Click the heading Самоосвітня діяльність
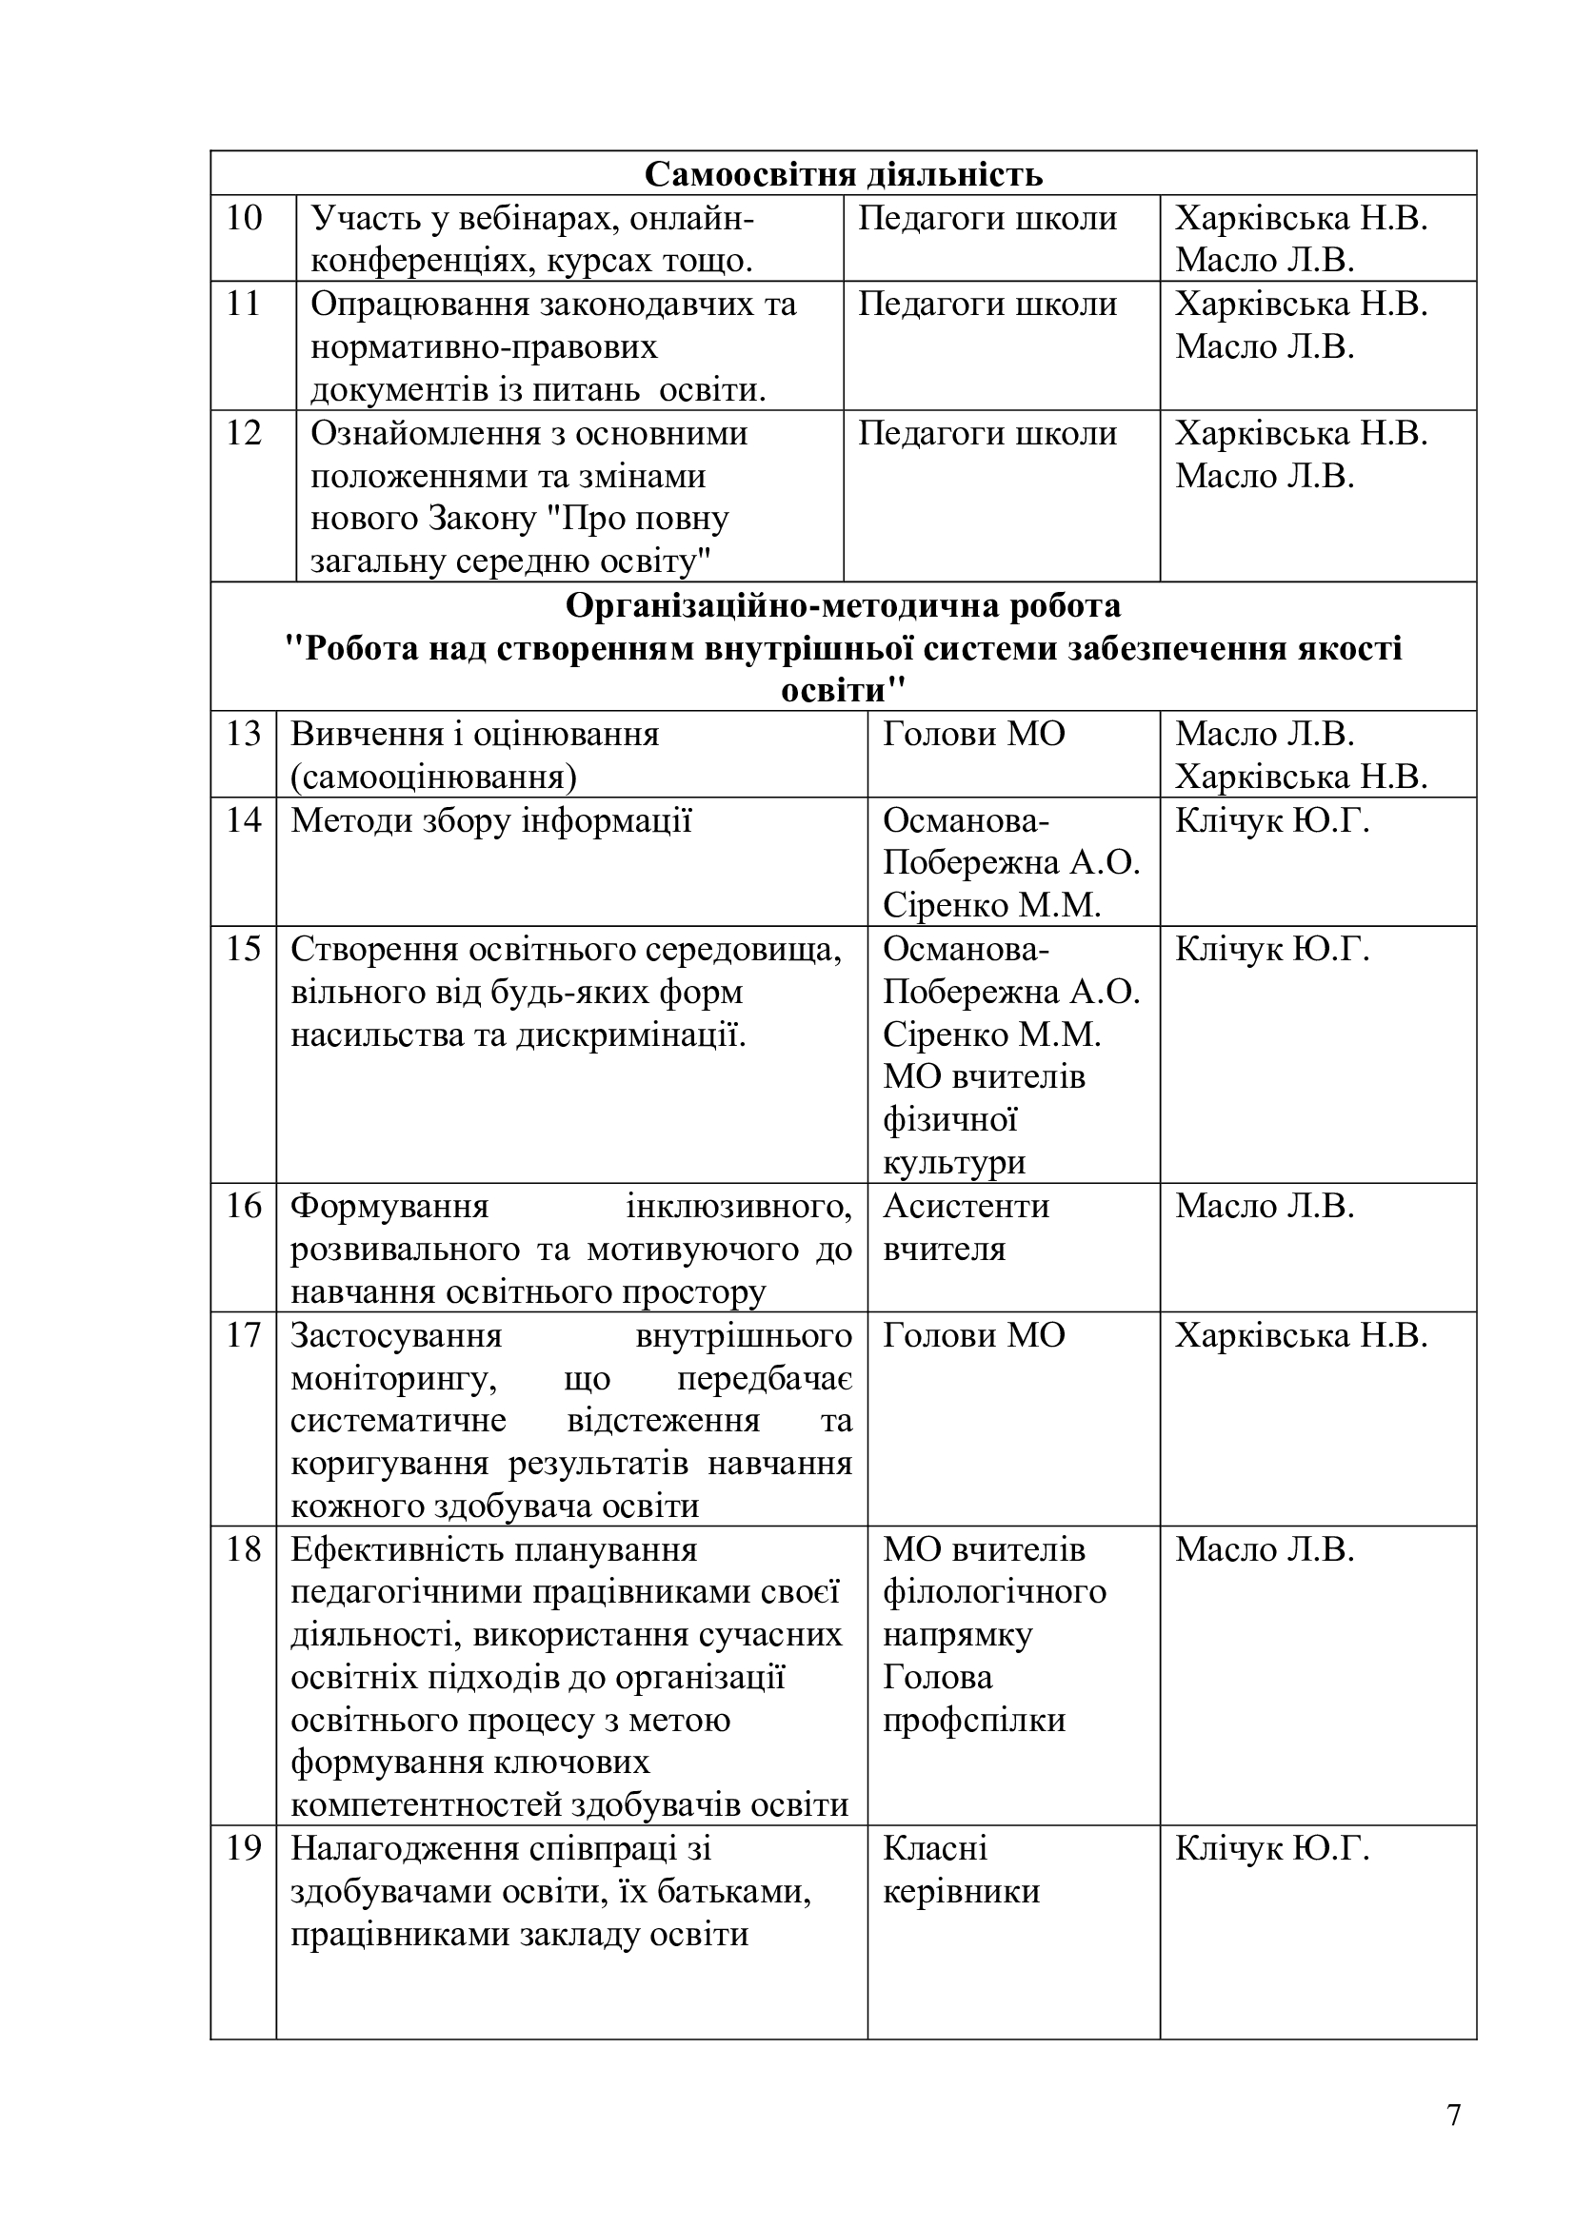843,174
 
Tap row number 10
245,219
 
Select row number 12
245,433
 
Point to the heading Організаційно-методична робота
843,606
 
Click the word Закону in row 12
482,520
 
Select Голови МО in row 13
974,735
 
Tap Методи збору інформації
491,821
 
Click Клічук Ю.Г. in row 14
1272,821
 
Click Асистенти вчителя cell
966,1228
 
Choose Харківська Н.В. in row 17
1302,1336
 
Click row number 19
245,1849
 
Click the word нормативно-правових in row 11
484,347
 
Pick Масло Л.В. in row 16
1265,1206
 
